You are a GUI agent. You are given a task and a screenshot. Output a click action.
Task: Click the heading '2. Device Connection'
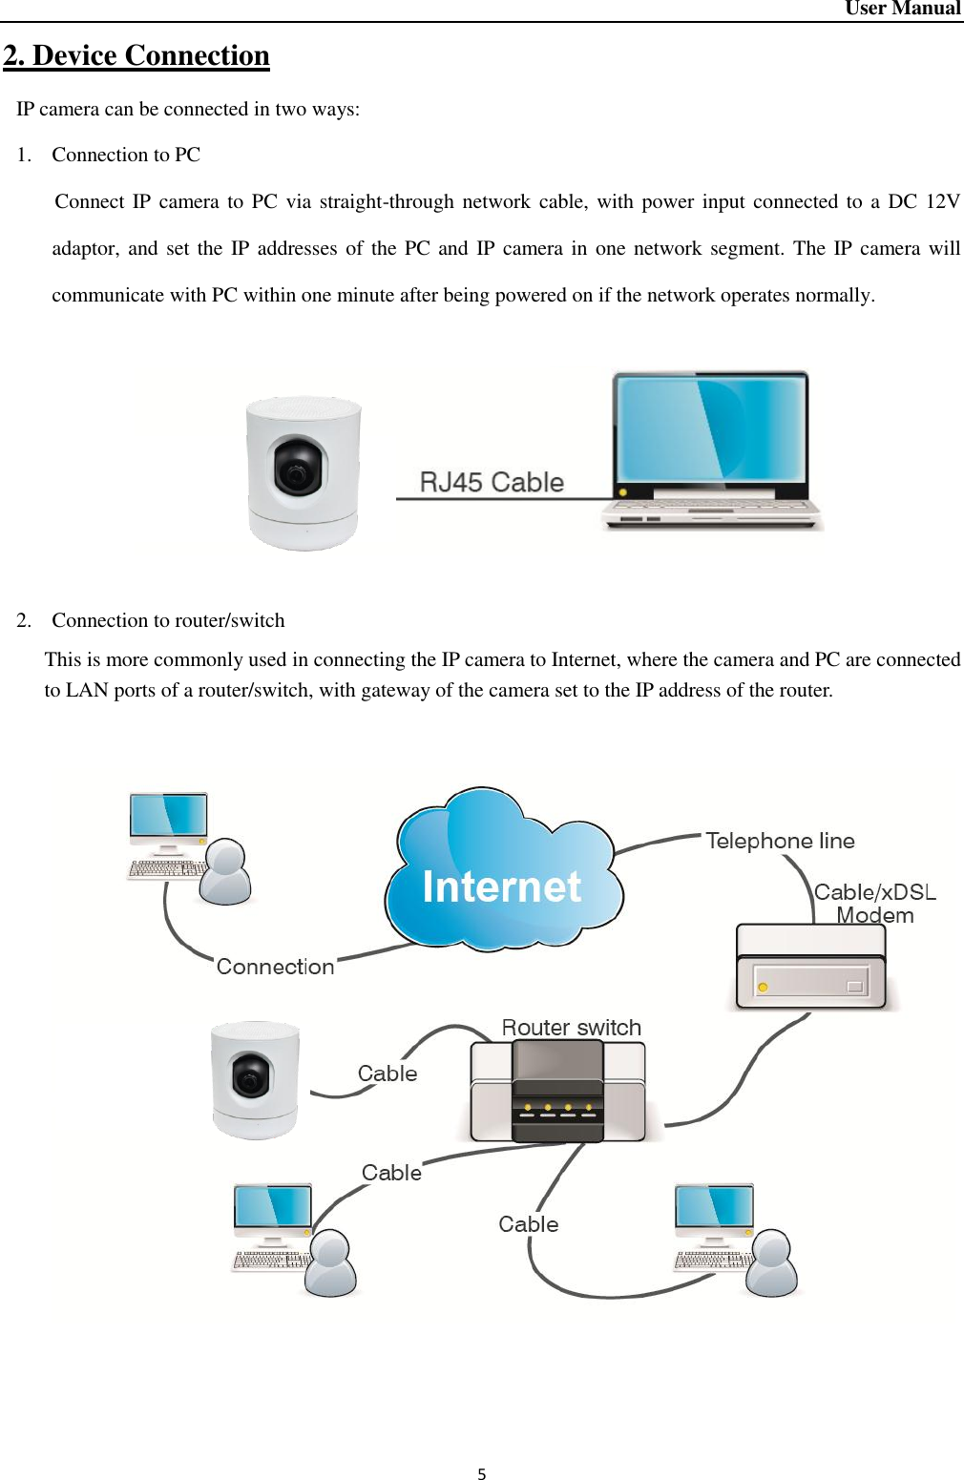click(x=136, y=55)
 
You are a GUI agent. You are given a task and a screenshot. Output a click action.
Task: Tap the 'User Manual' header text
click(x=902, y=9)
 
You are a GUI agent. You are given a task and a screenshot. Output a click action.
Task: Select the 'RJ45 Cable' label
click(x=492, y=482)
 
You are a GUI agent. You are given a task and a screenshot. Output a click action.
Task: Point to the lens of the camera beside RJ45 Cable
click(x=297, y=469)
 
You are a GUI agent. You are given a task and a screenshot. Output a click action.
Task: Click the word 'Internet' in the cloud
click(x=502, y=886)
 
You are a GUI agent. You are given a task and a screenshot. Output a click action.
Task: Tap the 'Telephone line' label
click(x=780, y=841)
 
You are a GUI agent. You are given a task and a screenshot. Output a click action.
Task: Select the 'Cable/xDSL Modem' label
click(x=874, y=904)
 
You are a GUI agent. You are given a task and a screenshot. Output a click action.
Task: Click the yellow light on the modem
click(x=763, y=987)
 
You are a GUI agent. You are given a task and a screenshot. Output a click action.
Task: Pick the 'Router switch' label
click(x=571, y=1028)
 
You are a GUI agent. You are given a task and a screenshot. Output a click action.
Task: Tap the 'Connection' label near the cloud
click(x=275, y=967)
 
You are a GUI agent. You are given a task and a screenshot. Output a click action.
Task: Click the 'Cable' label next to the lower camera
click(x=388, y=1074)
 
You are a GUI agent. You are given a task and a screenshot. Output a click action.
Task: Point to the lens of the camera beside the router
click(x=250, y=1079)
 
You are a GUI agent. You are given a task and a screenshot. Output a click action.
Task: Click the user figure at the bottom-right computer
click(x=772, y=1263)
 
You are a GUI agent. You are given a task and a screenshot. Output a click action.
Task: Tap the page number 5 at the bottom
click(x=482, y=1474)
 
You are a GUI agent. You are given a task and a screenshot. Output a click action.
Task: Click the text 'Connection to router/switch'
click(x=168, y=620)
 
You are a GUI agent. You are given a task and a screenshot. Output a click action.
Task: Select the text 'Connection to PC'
click(x=126, y=155)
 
